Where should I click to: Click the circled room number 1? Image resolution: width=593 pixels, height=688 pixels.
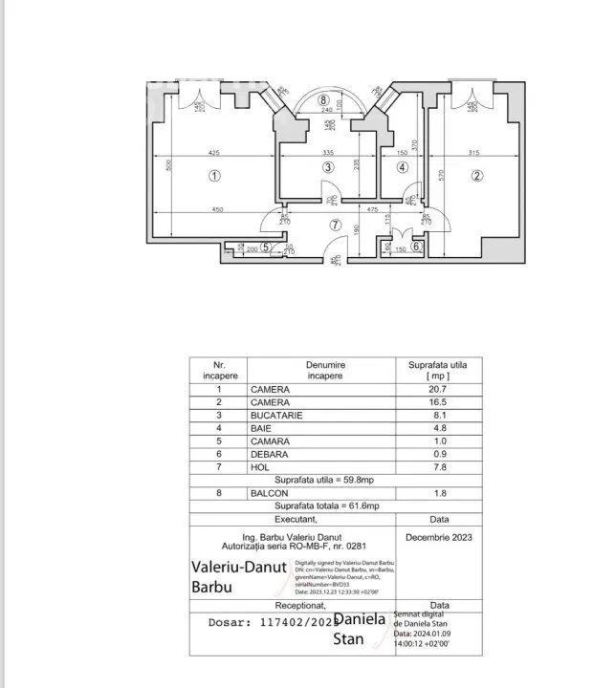214,175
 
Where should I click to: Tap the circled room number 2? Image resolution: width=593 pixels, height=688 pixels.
476,175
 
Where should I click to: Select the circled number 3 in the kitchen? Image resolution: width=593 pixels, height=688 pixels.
327,167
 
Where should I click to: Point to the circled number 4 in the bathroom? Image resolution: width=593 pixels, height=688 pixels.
403,167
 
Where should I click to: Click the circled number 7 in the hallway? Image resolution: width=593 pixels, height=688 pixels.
334,226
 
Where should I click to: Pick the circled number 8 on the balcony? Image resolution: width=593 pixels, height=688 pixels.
324,99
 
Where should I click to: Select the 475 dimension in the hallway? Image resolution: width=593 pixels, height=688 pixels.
373,210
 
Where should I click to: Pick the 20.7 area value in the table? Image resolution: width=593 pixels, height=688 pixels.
439,389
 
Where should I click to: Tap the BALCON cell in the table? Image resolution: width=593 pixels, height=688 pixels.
270,492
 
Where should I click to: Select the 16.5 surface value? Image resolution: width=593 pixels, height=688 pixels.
439,402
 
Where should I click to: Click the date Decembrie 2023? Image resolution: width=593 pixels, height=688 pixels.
439,536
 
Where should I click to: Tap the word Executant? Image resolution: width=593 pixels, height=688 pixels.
296,519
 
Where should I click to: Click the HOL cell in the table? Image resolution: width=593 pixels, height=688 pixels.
260,467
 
